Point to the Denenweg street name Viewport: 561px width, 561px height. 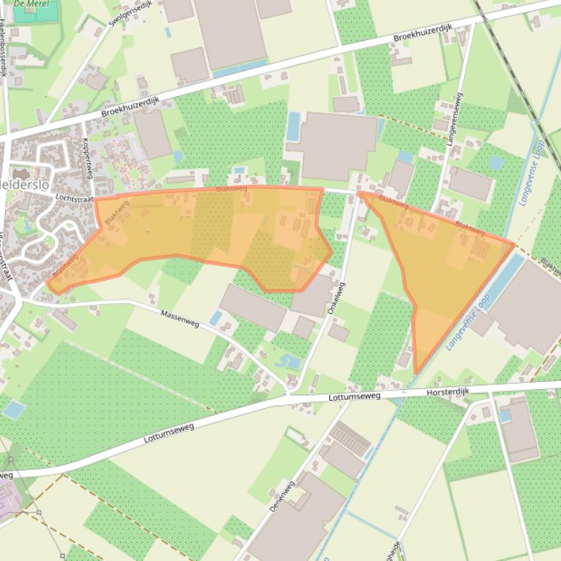pos(282,495)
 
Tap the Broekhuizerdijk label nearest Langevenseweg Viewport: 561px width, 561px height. pos(423,33)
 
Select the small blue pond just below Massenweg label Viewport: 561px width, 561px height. pos(216,318)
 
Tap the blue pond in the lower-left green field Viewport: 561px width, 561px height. pos(14,409)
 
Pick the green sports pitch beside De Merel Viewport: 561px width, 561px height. pos(46,12)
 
